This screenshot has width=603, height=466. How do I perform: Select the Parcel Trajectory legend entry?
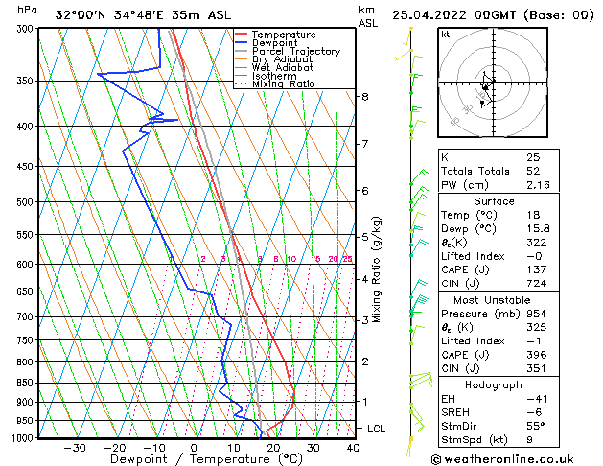click(295, 51)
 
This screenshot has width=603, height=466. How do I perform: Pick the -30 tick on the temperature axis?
click(75, 448)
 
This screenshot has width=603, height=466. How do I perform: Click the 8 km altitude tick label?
click(364, 97)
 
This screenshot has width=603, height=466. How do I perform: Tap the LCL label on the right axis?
click(376, 429)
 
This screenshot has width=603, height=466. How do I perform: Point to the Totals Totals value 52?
click(533, 171)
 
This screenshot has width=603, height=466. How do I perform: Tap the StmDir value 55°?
click(537, 426)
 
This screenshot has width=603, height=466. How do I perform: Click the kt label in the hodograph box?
click(446, 35)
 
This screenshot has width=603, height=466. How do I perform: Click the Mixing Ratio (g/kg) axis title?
click(377, 269)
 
